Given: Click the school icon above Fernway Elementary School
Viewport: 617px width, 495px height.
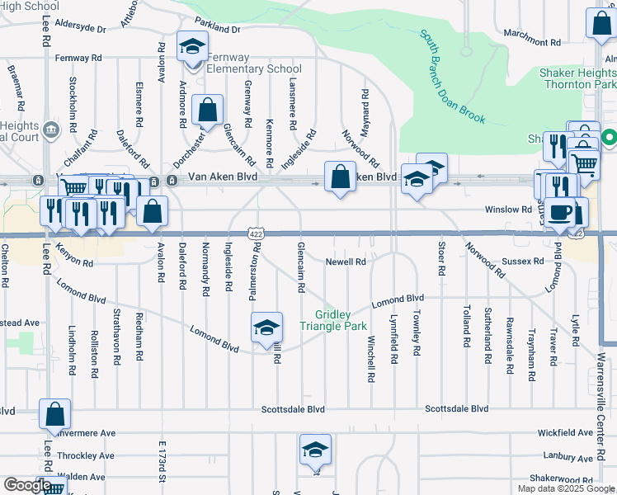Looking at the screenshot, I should (x=191, y=48).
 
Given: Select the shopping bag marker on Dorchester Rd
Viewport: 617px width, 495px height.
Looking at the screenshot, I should (x=208, y=110).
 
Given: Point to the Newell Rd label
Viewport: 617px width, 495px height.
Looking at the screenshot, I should (x=346, y=262).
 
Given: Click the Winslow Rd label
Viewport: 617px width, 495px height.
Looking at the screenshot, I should (x=508, y=210).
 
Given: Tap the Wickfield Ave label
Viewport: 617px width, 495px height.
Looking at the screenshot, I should (x=565, y=431).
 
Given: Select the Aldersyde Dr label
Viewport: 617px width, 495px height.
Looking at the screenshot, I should (x=79, y=29).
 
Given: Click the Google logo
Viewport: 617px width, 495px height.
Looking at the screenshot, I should (x=26, y=486).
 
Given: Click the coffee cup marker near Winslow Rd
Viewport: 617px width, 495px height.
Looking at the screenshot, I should (x=559, y=213).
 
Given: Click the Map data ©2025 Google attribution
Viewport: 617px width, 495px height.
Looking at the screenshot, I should (x=565, y=488).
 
